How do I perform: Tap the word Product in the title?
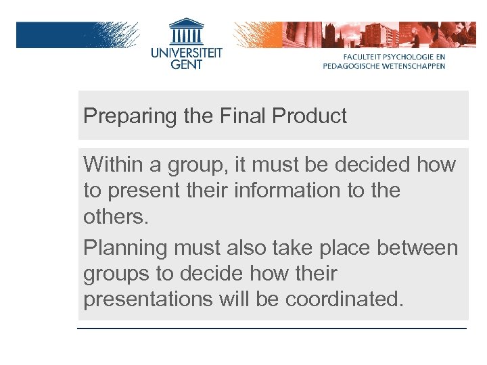coord(309,116)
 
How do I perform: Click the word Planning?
coord(124,248)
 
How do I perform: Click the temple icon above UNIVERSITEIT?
coord(186,30)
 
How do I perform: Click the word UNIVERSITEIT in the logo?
coord(186,51)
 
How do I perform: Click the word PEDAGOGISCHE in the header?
coord(352,66)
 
